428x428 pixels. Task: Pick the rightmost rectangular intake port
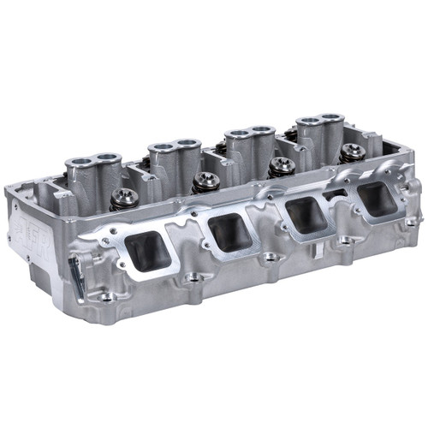(x=376, y=199)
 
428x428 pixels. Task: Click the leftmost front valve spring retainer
(x=125, y=197)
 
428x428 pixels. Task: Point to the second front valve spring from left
(x=205, y=181)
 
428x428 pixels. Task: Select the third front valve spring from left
(x=281, y=166)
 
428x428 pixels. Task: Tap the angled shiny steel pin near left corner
(x=75, y=273)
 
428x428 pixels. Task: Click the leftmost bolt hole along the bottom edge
(x=105, y=297)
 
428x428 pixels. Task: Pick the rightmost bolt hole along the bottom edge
(x=411, y=222)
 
